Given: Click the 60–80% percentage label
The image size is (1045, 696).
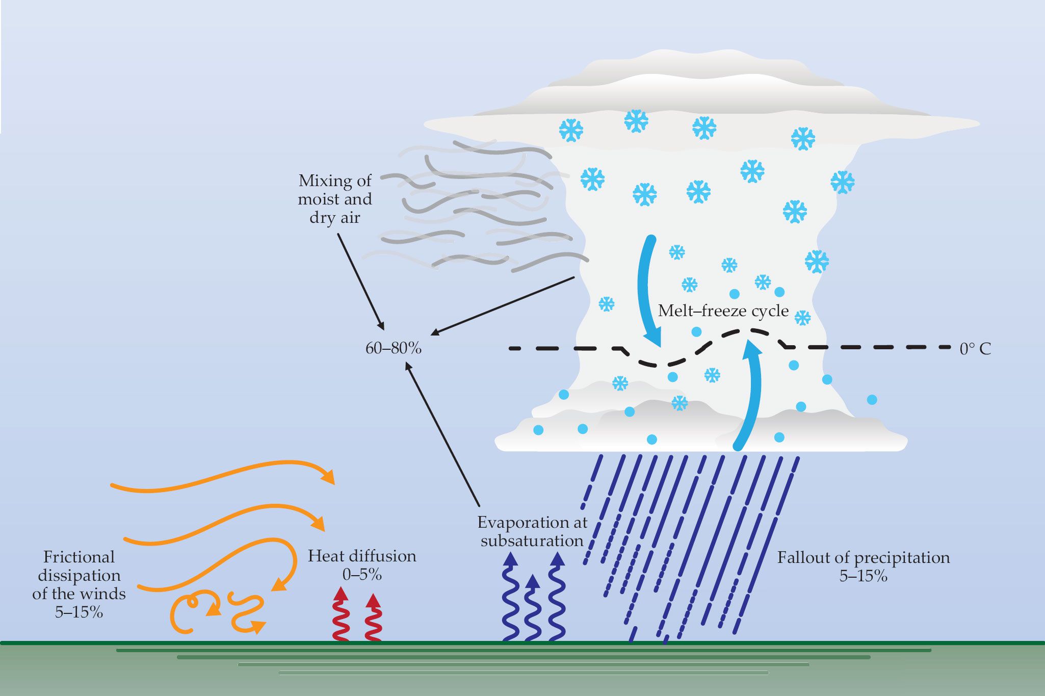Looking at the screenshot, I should coord(394,348).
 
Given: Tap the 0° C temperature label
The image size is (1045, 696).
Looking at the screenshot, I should coord(975,349).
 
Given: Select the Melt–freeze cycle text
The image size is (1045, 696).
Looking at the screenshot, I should coord(723,311).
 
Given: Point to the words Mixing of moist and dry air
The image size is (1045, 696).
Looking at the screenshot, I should coord(335,199).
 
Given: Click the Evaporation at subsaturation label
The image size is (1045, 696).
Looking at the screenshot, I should coord(532,531).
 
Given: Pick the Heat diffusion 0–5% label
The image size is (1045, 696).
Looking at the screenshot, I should coord(362,565).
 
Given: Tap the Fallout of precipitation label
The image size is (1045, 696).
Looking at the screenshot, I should coord(864,557).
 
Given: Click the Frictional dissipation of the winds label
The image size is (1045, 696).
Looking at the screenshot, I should coord(79,584).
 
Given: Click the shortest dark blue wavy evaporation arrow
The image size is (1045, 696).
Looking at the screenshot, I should coord(532,609).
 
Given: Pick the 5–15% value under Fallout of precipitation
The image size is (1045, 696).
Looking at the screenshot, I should coord(864,576).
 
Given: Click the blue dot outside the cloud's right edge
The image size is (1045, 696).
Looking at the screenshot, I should coord(872,400).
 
